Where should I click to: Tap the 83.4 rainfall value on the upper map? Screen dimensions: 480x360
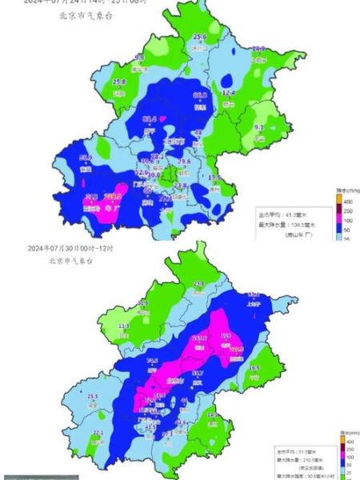(149, 119)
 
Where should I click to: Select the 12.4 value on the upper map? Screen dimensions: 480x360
(229, 94)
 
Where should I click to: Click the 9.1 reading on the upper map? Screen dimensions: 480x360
(259, 128)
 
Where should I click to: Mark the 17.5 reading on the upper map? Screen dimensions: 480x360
(214, 177)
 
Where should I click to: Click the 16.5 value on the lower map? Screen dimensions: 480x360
(254, 368)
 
